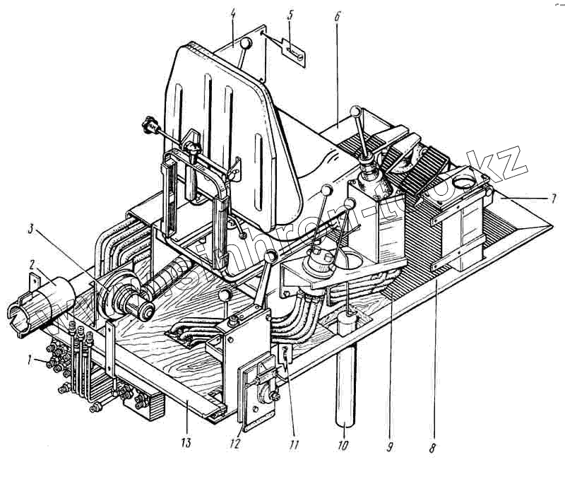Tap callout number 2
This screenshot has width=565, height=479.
click(31, 265)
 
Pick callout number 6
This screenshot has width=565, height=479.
click(337, 15)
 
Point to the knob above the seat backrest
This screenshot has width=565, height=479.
click(245, 45)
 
